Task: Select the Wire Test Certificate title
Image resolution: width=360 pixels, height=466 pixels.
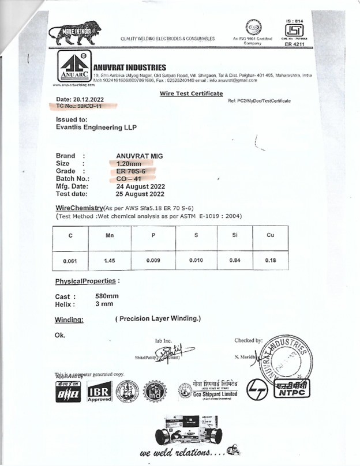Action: click(191, 93)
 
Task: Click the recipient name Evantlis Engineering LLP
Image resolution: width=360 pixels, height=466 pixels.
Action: click(96, 127)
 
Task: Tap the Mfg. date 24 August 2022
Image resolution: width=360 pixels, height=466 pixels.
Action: click(140, 186)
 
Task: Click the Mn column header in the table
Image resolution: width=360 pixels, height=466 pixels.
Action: click(109, 236)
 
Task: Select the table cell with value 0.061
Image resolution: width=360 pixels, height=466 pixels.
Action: click(70, 261)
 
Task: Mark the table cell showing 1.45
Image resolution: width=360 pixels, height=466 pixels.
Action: click(109, 261)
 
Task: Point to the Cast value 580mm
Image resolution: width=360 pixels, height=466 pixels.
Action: click(107, 296)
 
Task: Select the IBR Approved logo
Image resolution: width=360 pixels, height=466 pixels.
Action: click(98, 392)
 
